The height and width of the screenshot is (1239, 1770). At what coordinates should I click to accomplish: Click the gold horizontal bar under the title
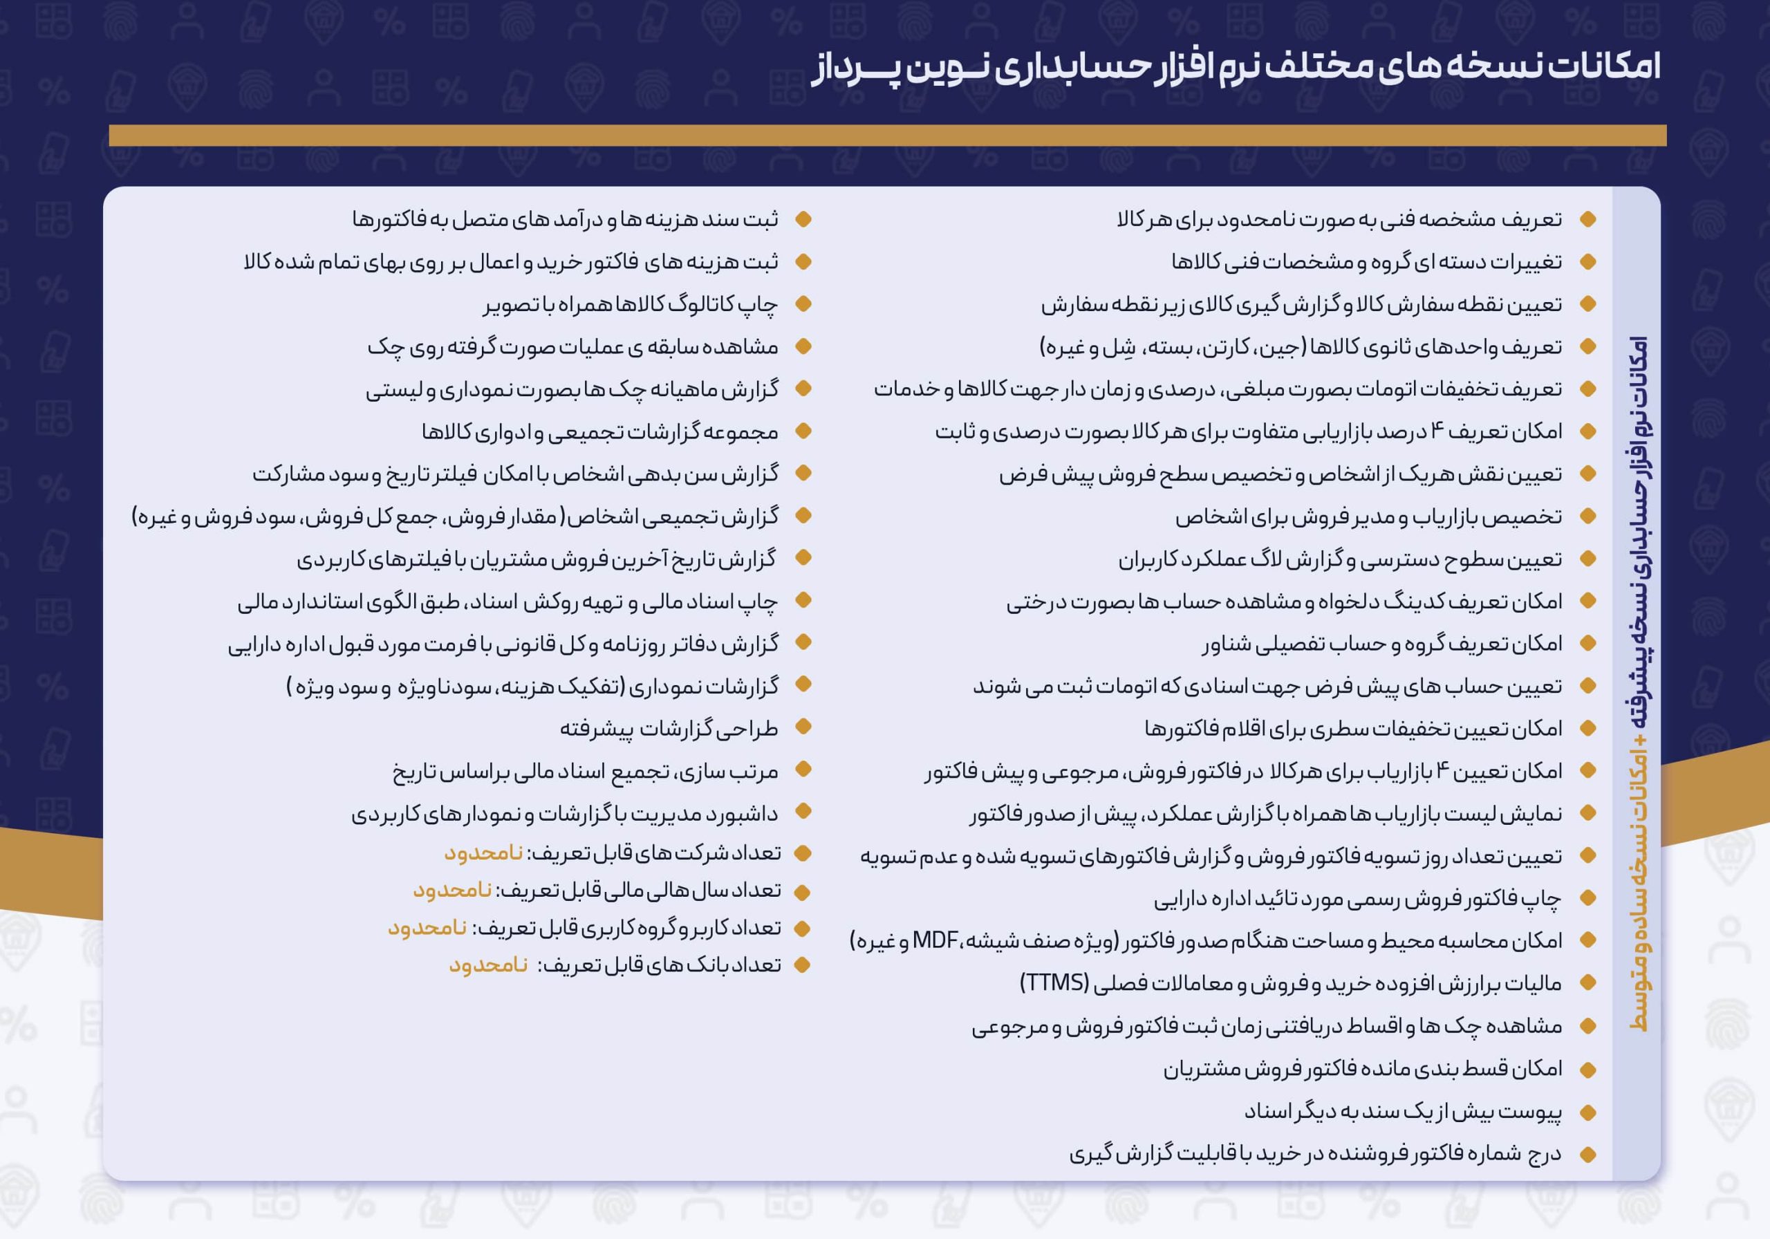[x=887, y=136]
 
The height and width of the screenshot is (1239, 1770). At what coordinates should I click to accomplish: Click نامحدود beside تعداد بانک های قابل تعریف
[x=488, y=965]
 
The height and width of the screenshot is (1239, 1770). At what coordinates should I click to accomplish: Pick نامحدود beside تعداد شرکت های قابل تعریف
[x=483, y=853]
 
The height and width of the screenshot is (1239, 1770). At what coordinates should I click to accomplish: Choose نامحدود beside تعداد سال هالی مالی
[x=452, y=891]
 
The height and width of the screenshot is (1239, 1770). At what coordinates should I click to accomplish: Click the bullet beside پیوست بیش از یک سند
[x=1587, y=1112]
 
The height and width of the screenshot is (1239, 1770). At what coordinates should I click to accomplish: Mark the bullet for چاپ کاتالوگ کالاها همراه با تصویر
[x=803, y=304]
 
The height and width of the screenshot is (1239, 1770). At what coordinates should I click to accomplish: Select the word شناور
[x=1226, y=644]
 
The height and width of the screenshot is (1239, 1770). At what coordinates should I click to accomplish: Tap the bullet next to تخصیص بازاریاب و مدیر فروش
[x=1587, y=516]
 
